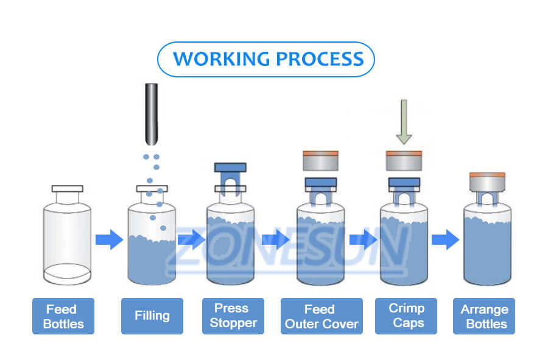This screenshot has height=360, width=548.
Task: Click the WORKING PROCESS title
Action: tap(266, 59)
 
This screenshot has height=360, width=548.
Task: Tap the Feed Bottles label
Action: tap(63, 316)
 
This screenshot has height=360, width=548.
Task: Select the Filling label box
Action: tap(152, 316)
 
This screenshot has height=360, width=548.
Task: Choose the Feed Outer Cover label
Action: tap(321, 316)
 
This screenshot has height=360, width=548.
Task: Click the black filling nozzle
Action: tap(151, 113)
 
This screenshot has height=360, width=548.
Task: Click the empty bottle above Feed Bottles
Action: tap(67, 241)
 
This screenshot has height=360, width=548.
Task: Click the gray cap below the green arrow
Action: tap(404, 161)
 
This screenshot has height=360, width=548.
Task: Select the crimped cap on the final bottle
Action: tap(487, 182)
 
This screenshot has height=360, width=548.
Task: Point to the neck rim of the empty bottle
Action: tap(67, 189)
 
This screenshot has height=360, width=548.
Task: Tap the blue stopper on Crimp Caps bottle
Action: tap(404, 183)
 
